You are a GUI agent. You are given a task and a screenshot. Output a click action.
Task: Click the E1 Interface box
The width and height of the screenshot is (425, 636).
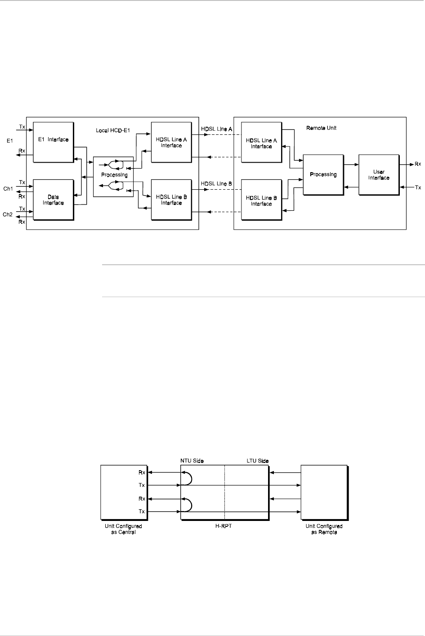(53, 142)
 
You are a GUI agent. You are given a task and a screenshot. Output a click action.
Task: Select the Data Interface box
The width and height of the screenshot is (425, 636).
(53, 200)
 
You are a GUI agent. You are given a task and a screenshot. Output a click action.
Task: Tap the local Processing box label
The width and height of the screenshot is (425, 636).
(114, 175)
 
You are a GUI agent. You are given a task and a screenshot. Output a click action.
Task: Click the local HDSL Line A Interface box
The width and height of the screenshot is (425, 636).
(171, 142)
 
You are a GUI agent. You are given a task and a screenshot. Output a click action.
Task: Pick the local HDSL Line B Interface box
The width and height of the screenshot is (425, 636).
(171, 200)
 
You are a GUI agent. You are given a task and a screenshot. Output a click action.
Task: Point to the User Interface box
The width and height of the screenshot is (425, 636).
(379, 175)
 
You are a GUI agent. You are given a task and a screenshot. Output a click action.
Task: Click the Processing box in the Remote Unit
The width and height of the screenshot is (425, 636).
(323, 174)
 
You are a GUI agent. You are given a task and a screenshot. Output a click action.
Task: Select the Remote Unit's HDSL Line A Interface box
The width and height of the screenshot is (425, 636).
(261, 143)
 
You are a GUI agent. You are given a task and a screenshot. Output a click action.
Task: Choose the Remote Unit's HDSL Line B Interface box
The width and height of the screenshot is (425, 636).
(261, 200)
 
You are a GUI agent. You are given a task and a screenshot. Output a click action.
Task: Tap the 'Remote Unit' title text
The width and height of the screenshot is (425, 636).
(321, 128)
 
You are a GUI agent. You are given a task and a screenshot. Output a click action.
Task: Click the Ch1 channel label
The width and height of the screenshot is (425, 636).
(8, 189)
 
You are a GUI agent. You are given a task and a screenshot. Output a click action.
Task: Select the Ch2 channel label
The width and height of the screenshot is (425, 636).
(8, 214)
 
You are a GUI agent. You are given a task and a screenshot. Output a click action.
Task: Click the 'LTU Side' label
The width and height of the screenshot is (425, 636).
(258, 461)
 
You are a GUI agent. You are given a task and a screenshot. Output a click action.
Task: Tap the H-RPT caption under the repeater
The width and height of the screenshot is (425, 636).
(224, 526)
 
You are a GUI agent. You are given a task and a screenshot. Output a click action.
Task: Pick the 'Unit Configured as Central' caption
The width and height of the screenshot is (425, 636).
(123, 529)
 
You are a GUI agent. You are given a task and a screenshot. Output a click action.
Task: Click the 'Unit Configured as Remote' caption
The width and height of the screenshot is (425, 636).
(324, 529)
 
